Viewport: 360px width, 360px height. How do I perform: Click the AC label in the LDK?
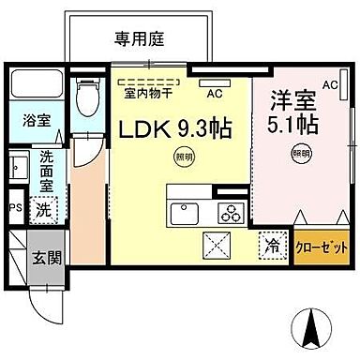click(x=214, y=93)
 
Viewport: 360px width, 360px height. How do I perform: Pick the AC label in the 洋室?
click(x=329, y=84)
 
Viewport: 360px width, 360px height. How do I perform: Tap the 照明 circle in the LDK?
click(x=179, y=157)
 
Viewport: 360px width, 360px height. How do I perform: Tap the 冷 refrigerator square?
click(x=271, y=247)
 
